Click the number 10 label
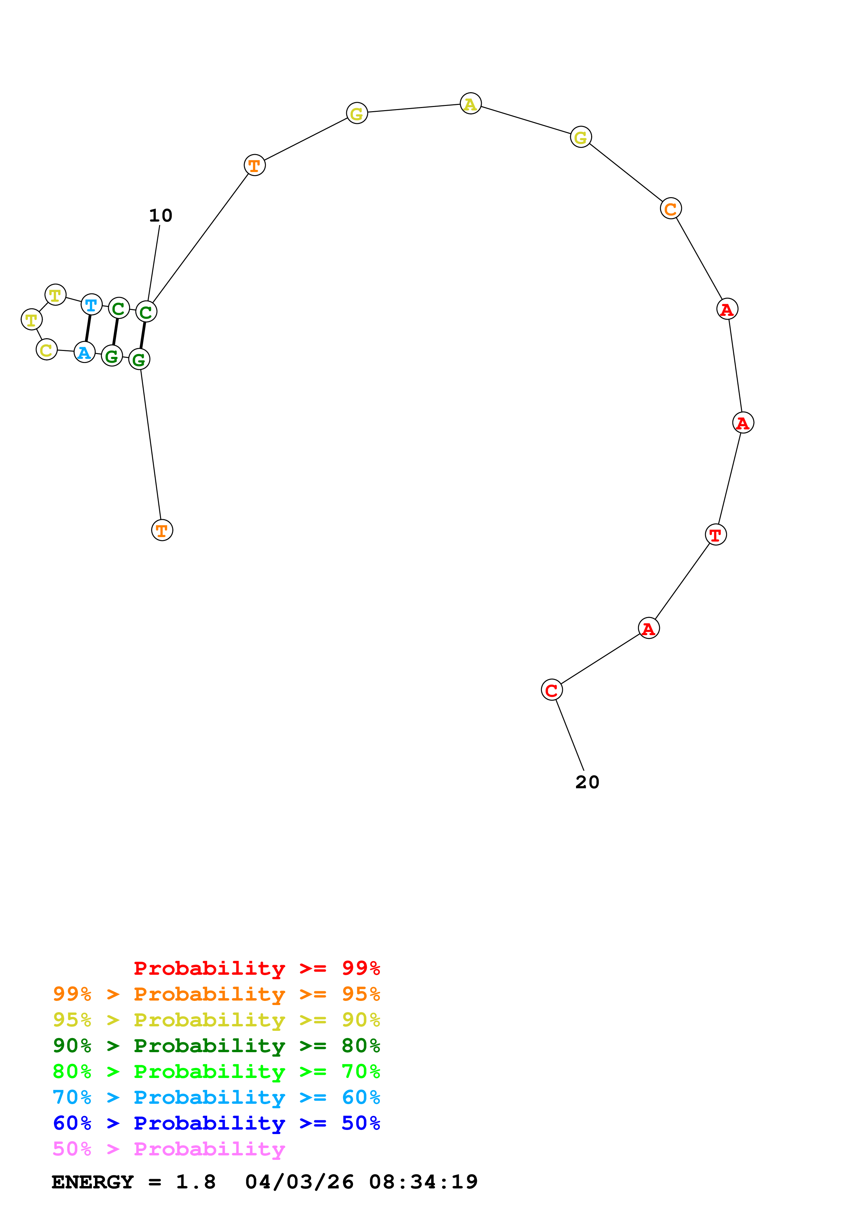[160, 215]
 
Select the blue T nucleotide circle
[92, 305]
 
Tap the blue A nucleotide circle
[84, 352]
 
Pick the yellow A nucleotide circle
[470, 104]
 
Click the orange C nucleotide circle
[671, 209]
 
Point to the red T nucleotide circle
[716, 535]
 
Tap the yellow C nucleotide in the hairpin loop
[47, 350]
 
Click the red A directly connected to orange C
[727, 309]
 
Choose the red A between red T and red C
[649, 628]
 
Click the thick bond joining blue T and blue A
[88, 329]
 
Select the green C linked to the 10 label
[146, 312]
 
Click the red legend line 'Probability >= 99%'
[257, 968]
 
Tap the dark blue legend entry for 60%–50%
[216, 1123]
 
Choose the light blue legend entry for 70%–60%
[216, 1097]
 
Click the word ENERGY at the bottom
[93, 1182]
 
